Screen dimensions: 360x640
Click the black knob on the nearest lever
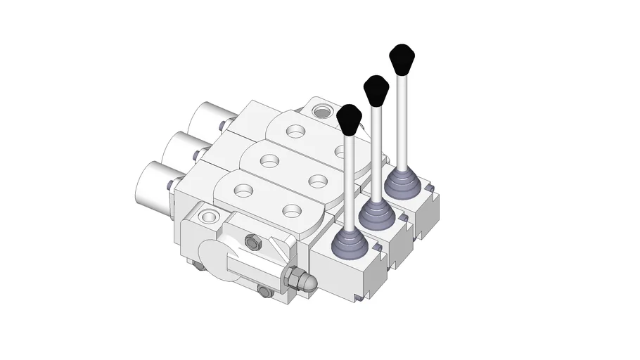(x=349, y=119)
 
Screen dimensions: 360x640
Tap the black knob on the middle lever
(x=376, y=90)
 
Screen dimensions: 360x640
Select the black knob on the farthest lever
(x=402, y=58)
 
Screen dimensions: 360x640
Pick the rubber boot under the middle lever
(x=376, y=214)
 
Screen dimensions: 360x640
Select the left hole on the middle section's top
(x=268, y=160)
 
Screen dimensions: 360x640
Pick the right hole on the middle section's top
(x=317, y=181)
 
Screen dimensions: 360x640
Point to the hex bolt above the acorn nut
(x=253, y=243)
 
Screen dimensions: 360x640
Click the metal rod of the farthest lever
(x=401, y=120)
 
